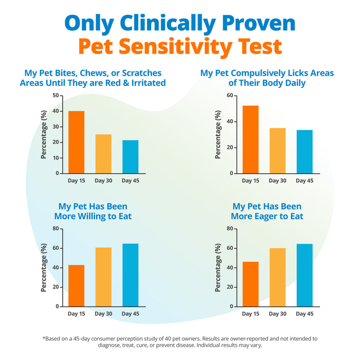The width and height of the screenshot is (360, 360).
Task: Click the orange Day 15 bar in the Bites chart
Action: [77, 142]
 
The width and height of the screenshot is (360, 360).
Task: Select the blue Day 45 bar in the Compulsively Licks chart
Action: [304, 152]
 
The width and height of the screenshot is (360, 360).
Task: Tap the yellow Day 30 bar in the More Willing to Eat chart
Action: [103, 277]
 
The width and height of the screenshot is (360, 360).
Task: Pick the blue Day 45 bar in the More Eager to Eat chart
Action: [304, 275]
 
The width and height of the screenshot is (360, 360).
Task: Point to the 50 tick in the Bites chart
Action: [56, 96]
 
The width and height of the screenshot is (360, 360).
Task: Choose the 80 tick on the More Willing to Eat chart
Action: [56, 228]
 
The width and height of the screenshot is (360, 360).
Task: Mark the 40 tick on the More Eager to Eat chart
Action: [230, 267]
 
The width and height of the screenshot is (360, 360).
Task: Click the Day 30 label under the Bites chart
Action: [103, 181]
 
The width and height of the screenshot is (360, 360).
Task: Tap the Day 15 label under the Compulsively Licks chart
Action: [250, 181]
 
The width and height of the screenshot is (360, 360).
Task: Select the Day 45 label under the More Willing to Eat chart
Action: [130, 313]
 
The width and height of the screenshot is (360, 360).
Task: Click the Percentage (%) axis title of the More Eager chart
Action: [218, 267]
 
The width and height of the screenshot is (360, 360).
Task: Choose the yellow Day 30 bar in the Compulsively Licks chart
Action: [277, 151]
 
